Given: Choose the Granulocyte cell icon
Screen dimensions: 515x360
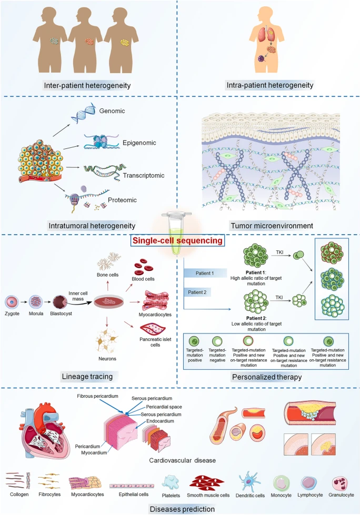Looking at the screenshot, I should [x=341, y=483].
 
